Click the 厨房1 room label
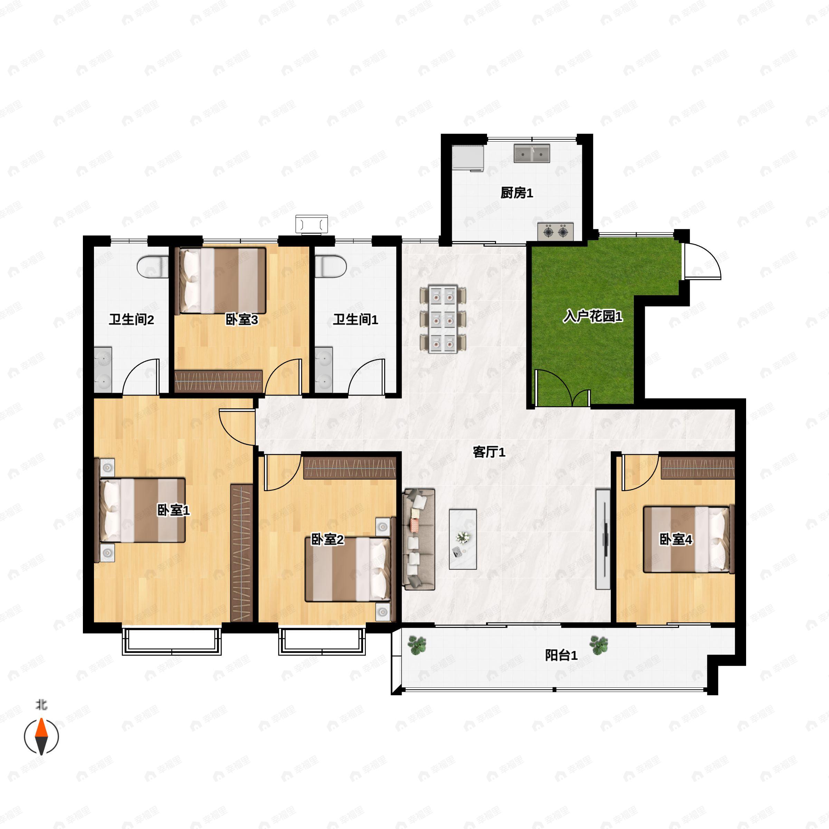coord(517,193)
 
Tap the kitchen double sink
coord(532,153)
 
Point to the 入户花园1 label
coord(593,316)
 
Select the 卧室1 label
coord(173,510)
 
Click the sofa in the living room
coord(419,539)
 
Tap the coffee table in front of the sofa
coord(463,539)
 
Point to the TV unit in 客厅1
coord(603,539)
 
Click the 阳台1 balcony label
coord(561,655)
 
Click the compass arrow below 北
coord(41,736)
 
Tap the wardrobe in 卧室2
coord(350,468)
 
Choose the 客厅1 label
coord(489,452)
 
